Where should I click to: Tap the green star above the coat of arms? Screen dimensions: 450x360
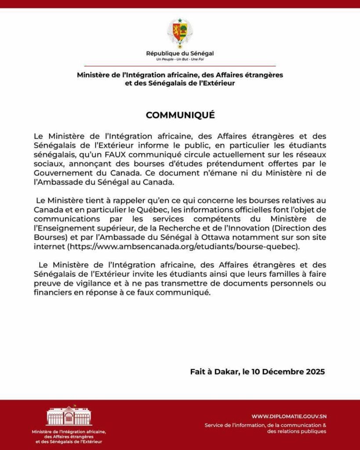coord(180,20)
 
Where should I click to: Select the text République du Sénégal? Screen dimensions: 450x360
coord(180,54)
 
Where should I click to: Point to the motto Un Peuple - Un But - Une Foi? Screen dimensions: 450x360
coord(180,59)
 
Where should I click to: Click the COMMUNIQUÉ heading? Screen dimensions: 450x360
coord(180,115)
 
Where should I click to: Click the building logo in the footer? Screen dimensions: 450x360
coord(69,416)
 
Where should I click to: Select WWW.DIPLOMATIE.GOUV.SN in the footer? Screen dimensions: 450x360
coord(289,416)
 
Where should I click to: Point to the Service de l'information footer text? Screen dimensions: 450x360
coord(265,425)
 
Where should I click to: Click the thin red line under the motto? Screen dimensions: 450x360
coord(180,65)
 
